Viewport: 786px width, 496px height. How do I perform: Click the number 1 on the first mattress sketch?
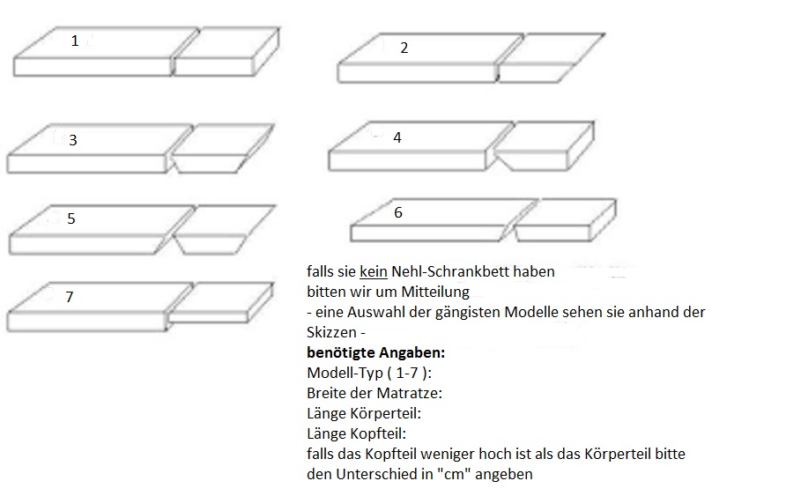pyautogui.click(x=75, y=41)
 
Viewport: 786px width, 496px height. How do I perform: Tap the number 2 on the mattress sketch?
pyautogui.click(x=404, y=48)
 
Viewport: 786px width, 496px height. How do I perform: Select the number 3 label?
pyautogui.click(x=73, y=140)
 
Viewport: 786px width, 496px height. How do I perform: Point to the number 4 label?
pyautogui.click(x=397, y=138)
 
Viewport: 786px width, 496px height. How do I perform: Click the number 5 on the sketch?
pyautogui.click(x=71, y=219)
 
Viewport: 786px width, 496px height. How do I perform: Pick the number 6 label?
pyautogui.click(x=398, y=213)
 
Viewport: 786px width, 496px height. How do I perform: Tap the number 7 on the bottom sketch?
pyautogui.click(x=69, y=298)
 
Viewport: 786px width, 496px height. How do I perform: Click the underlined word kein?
pyautogui.click(x=374, y=272)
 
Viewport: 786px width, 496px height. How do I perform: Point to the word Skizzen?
pyautogui.click(x=331, y=333)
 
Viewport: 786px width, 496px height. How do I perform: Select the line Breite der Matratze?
pyautogui.click(x=374, y=393)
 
